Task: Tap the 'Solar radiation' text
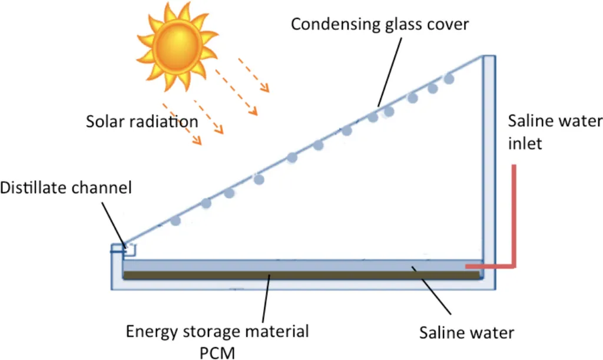click(x=142, y=122)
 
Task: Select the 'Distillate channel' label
click(x=66, y=188)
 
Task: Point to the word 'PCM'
click(x=217, y=351)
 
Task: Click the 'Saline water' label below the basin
click(x=466, y=332)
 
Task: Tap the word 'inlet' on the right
click(x=525, y=143)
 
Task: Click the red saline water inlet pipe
click(x=514, y=218)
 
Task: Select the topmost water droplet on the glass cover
click(x=449, y=78)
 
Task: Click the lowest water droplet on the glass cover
click(x=175, y=222)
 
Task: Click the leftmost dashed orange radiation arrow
click(x=182, y=127)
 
